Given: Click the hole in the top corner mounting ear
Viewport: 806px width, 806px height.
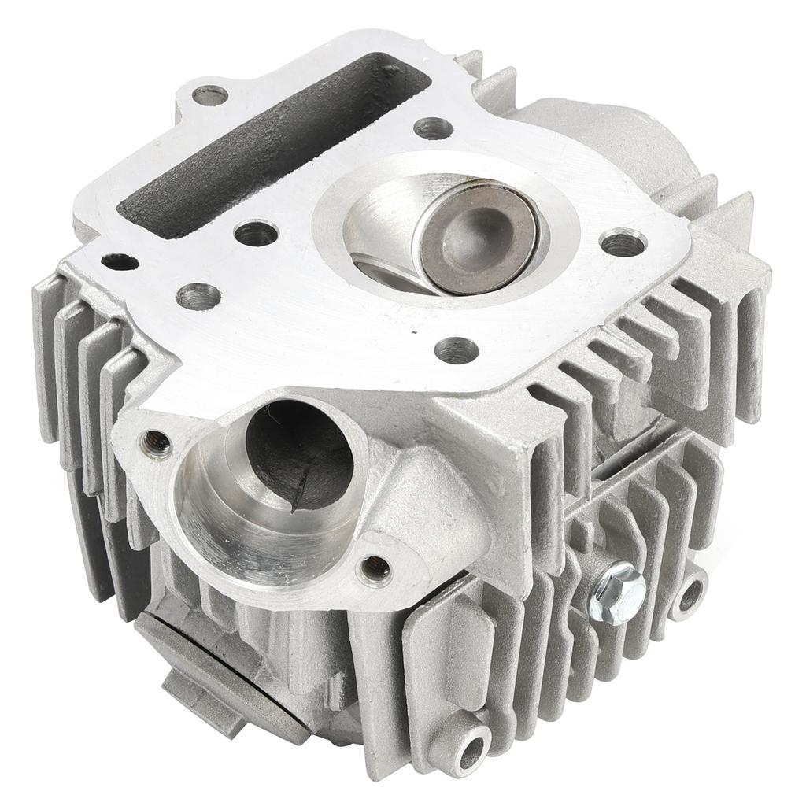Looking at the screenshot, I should (x=210, y=95).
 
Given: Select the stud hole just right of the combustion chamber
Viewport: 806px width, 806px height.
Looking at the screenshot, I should (x=623, y=242).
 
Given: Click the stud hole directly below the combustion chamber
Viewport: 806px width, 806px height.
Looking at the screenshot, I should (x=457, y=349).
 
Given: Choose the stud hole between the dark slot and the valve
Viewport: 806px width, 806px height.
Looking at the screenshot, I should (x=257, y=233).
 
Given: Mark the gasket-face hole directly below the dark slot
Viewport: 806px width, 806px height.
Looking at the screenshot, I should (x=198, y=296).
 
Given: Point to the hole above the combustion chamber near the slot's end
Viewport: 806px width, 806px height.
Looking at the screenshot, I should (x=433, y=128).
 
